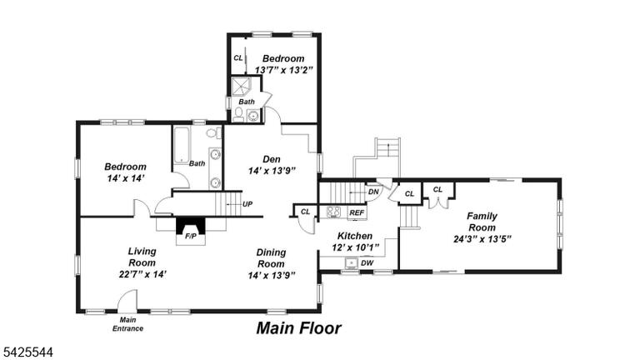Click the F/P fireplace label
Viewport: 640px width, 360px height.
tap(191, 236)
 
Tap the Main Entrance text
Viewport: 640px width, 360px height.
tap(127, 324)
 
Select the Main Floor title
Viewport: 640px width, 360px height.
tap(299, 328)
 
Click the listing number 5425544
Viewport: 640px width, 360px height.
tap(28, 352)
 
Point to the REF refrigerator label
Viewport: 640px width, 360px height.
tap(357, 212)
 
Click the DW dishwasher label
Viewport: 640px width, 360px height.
tap(367, 263)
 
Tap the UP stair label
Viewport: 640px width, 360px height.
tap(247, 204)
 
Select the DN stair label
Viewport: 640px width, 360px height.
tap(373, 192)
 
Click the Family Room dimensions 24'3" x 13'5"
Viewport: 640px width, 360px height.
tap(482, 239)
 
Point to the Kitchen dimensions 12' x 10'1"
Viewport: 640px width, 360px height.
tap(355, 247)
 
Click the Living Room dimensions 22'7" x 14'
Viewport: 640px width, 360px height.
tap(142, 274)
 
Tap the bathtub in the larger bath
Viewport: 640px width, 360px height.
tap(182, 144)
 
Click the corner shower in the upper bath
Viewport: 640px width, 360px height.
tap(241, 87)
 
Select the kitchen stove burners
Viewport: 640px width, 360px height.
tap(333, 212)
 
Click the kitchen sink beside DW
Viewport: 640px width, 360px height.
tap(351, 263)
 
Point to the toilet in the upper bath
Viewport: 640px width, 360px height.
tap(238, 114)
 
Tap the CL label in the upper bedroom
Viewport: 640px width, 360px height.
tap(238, 58)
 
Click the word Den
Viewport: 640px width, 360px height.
tap(272, 159)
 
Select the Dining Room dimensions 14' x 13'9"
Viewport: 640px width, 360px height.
tap(272, 276)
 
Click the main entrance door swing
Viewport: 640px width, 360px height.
tap(127, 300)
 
